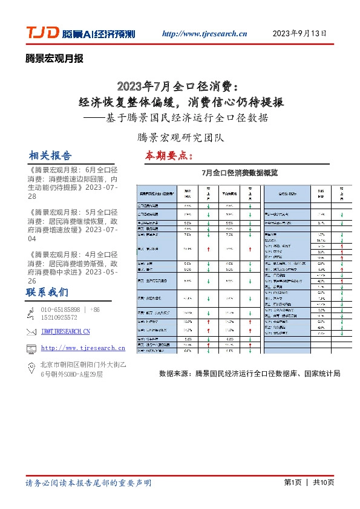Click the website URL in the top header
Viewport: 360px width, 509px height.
(205, 34)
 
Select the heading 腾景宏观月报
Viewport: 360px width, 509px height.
(54, 59)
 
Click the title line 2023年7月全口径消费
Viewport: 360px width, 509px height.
(180, 84)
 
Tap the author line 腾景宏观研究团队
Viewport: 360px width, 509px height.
(180, 137)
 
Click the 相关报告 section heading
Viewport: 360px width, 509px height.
(50, 155)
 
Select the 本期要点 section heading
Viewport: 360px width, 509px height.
(169, 155)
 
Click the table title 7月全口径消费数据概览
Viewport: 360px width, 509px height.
(240, 173)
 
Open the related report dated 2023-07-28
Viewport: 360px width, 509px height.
(73, 183)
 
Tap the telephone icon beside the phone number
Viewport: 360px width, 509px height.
(32, 313)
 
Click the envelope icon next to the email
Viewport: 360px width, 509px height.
(32, 331)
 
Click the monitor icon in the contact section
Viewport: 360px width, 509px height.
(32, 348)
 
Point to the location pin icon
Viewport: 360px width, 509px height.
(32, 367)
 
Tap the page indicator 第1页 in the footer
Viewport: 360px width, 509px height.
(292, 482)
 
